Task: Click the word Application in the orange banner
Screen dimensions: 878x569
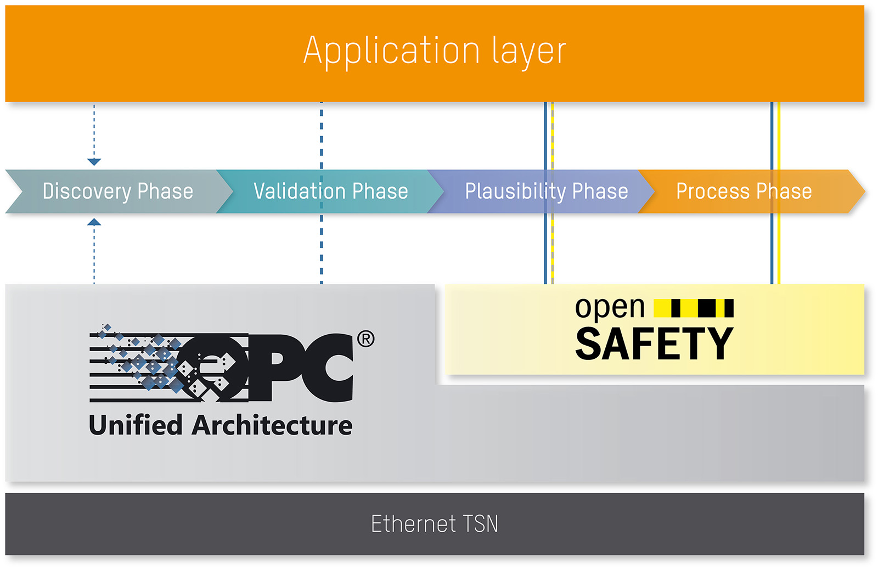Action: coord(392,52)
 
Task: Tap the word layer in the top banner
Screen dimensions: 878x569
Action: coord(529,52)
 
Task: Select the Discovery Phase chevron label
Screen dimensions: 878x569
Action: coord(117,191)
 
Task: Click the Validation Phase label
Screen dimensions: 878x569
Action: coord(330,191)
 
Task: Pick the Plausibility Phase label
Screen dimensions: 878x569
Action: coord(546,191)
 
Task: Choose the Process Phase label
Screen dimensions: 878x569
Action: coord(744,191)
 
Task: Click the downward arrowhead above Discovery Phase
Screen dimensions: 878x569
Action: coord(94,162)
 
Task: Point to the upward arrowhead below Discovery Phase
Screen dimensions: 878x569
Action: coord(94,222)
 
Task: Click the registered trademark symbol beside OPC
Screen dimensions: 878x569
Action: coord(365,339)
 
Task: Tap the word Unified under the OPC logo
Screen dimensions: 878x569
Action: coord(136,425)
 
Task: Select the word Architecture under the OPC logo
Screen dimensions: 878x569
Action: coord(272,425)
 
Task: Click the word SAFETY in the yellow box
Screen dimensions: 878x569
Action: coord(654,343)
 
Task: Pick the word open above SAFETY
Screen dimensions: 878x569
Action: coord(610,308)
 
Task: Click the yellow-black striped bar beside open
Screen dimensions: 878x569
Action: coord(694,308)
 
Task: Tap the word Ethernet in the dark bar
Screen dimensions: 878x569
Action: coord(414,523)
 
